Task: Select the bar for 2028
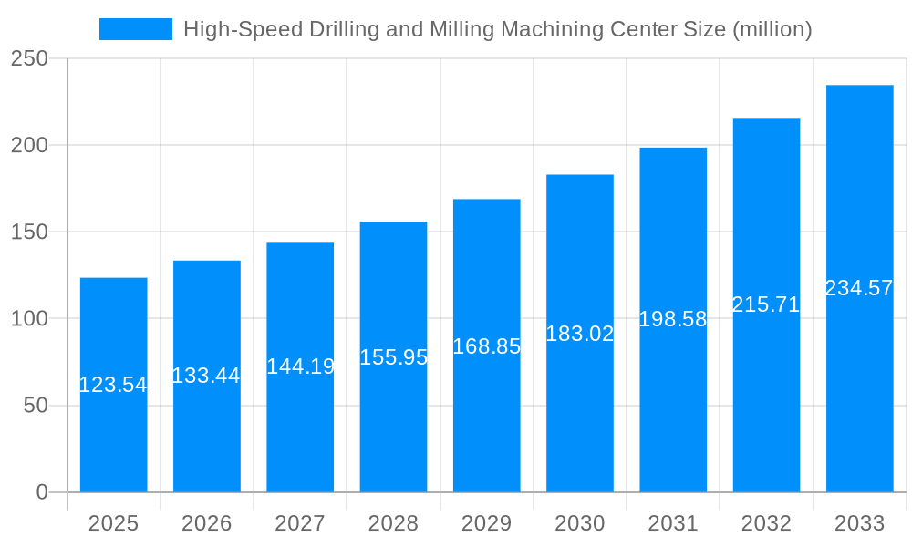393,419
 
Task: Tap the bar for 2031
673,401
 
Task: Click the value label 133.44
206,376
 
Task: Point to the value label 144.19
300,366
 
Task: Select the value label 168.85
487,346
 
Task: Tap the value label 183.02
580,334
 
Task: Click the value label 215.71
766,304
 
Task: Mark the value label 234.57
859,288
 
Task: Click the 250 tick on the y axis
29,58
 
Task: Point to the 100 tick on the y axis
29,319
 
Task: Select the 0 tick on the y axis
42,492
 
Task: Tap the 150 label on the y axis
29,232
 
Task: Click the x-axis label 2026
206,523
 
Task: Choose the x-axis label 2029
487,523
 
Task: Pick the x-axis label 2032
766,523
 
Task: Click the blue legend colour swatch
135,29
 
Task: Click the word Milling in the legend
447,29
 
